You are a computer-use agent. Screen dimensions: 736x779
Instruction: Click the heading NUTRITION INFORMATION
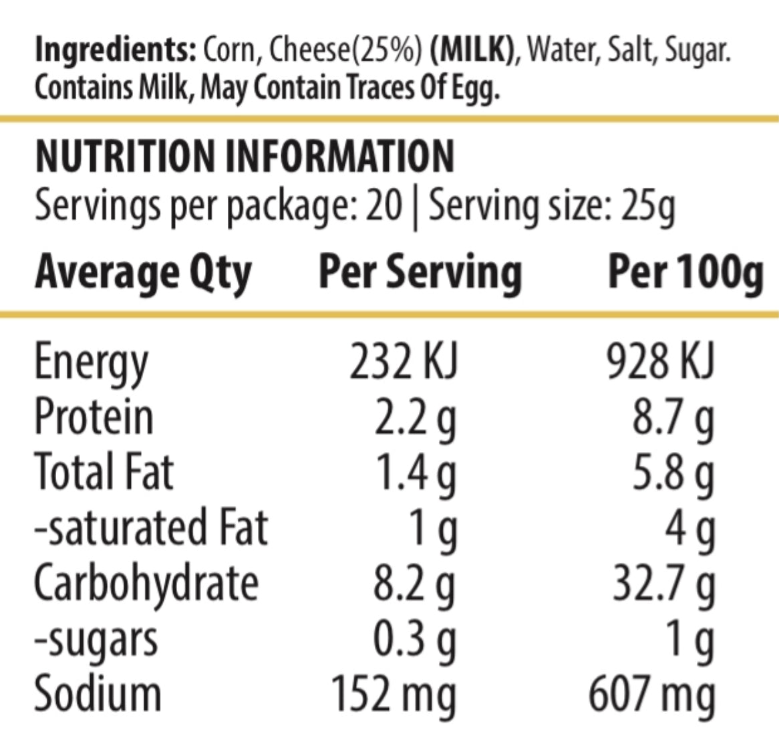click(245, 156)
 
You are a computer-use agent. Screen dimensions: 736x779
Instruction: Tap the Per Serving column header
click(420, 273)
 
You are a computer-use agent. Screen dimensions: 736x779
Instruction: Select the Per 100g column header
click(685, 273)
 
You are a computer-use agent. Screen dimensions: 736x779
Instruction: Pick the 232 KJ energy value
click(404, 362)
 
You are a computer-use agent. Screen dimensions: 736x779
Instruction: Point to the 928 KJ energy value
click(661, 362)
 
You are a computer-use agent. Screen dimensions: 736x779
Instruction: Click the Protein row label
click(94, 416)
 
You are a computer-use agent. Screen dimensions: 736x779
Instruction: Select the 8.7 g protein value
click(673, 418)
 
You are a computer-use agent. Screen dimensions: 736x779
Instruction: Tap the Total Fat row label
click(104, 471)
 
